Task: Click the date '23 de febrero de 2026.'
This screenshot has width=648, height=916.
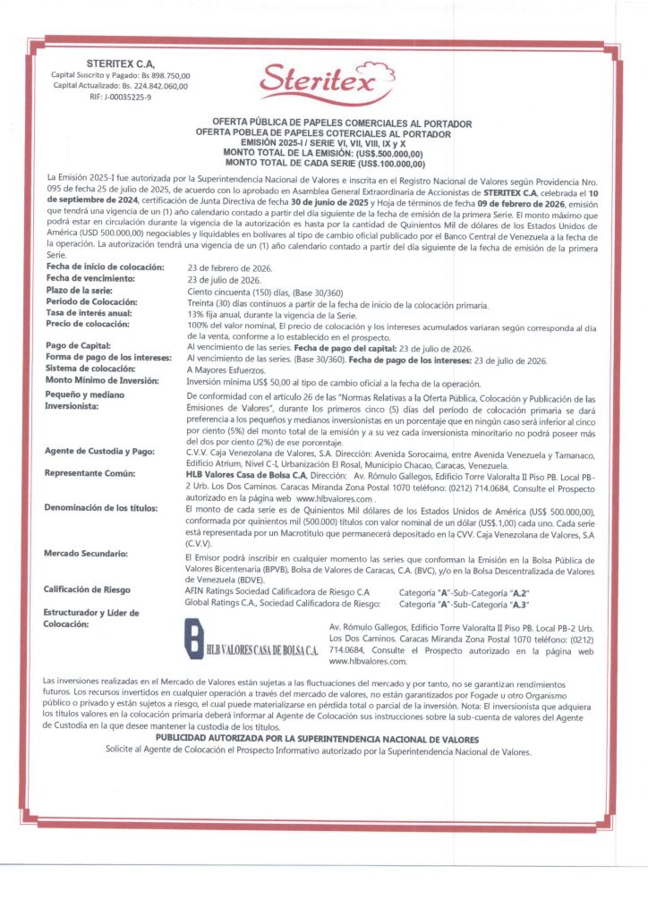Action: (230, 267)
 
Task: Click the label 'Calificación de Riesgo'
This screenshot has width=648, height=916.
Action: (88, 589)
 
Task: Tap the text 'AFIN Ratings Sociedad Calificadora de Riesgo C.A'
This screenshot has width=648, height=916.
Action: (277, 592)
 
